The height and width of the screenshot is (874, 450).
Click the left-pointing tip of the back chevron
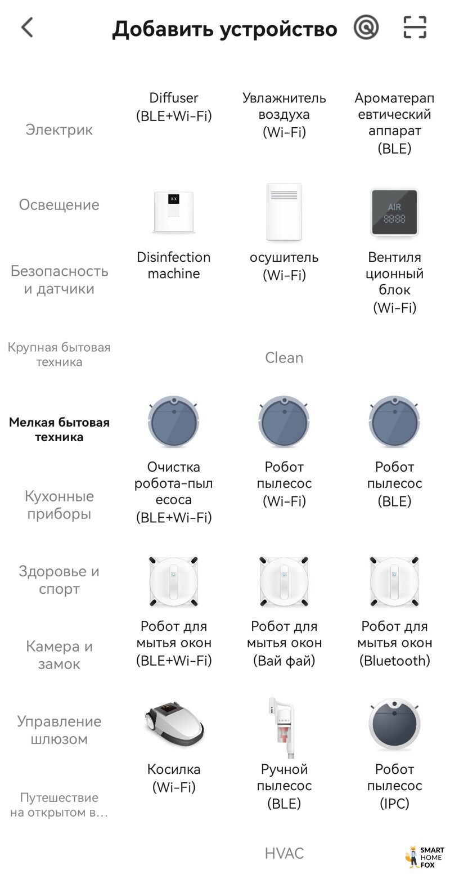tap(22, 28)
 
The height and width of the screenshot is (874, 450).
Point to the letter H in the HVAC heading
tap(270, 853)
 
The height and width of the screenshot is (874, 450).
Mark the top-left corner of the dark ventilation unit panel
tap(372, 190)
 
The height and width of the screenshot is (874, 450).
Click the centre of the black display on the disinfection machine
tap(173, 199)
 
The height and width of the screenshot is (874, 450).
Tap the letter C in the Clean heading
tap(270, 358)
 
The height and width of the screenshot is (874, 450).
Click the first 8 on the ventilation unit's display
tap(386, 219)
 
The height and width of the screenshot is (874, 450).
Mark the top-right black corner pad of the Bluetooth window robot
tap(415, 561)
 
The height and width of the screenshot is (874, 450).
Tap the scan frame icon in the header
tap(415, 28)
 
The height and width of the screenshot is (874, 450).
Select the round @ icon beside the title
tap(366, 28)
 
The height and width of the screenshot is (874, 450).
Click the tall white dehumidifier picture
tap(284, 212)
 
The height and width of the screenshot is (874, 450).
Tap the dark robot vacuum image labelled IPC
tap(394, 724)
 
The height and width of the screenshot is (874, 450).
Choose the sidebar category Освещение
tap(59, 205)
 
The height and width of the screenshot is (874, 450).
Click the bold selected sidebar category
tap(59, 429)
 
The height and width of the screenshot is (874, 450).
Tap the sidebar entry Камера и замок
tap(59, 655)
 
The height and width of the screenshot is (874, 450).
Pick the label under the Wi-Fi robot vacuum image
tap(284, 484)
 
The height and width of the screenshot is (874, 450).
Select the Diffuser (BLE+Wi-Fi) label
tap(174, 106)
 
